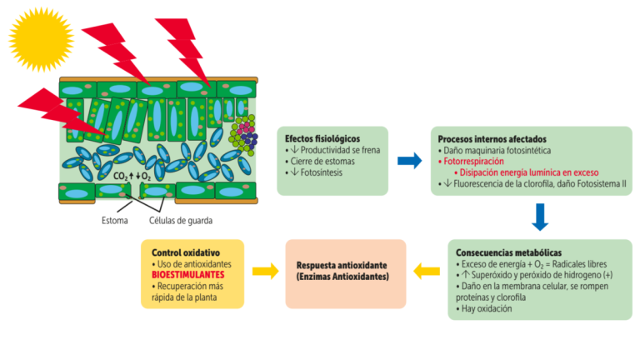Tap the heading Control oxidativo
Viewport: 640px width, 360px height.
[186, 252]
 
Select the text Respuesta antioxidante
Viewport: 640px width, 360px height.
[337, 264]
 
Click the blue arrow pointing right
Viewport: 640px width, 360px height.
[409, 161]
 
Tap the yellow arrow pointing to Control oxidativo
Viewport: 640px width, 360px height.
[265, 271]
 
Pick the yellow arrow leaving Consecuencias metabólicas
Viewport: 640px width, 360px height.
[427, 271]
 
